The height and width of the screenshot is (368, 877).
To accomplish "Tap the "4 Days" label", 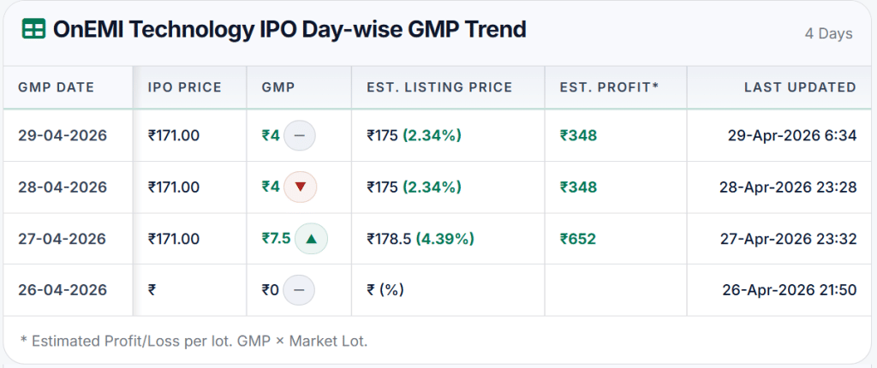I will pos(828,33).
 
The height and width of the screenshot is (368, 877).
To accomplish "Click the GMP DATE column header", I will pos(57,86).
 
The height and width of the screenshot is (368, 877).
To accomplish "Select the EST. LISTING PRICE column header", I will pos(439,86).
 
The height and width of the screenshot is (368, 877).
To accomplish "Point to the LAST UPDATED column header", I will pos(800,86).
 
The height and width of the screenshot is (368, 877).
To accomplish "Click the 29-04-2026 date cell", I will pos(63,135).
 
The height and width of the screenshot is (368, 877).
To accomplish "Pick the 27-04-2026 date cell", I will pos(63,239).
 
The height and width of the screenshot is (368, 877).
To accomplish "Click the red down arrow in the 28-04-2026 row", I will pos(299,187).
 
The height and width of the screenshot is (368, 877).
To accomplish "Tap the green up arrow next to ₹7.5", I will pos(312,239).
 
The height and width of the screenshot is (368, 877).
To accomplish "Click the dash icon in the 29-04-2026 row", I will pos(299,135).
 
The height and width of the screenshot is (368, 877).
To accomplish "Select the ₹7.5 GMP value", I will pos(276,239).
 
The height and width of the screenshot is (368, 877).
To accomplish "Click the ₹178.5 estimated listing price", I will pos(389,239).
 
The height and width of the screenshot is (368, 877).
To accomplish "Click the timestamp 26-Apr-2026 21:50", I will pos(789,290).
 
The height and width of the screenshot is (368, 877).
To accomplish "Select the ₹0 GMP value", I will pos(271,290).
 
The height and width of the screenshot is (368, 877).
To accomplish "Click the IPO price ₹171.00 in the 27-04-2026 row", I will pos(174,239).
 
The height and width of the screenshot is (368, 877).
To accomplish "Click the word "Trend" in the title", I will pos(492,30).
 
